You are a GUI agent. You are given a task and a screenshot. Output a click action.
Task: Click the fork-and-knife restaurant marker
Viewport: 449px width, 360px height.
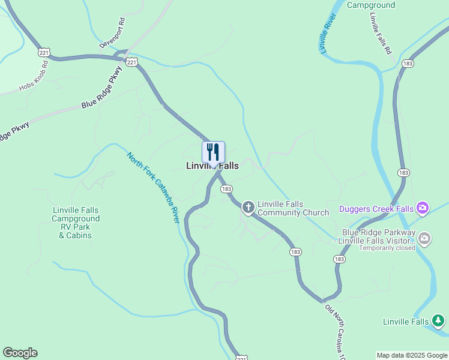pos(213,152)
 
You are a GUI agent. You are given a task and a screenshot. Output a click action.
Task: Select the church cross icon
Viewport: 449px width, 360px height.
pos(248,208)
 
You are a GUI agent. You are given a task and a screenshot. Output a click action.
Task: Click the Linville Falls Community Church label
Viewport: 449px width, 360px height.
pos(293,208)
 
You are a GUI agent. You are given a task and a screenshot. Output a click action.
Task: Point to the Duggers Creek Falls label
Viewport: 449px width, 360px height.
pos(376,209)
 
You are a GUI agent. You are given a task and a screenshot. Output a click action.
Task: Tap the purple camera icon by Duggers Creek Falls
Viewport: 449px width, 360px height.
pos(423,208)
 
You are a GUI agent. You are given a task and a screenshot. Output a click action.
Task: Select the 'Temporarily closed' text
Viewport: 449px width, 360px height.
pos(387,247)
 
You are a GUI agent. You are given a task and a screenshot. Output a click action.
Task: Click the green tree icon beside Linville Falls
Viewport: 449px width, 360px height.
pos(439,320)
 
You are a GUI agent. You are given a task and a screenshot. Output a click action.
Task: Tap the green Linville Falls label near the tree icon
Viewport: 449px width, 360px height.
pos(406,322)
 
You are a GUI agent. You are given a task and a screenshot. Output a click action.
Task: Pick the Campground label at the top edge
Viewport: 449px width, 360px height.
pos(371,5)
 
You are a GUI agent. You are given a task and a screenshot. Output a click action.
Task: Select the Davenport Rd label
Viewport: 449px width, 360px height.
pos(112,33)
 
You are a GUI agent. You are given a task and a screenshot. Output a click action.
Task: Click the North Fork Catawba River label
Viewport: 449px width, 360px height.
pos(154,187)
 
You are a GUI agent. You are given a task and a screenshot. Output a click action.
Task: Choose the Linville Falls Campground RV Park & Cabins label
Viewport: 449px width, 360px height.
pos(76,223)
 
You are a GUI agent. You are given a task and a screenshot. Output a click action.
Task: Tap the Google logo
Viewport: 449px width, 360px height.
pos(20,353)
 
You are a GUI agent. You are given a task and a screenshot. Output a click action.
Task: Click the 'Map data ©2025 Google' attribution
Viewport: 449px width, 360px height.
pos(412,355)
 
